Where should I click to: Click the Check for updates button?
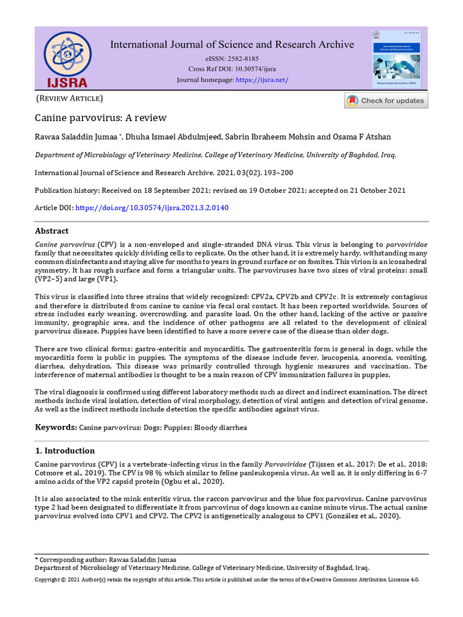386,101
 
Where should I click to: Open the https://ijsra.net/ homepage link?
262,80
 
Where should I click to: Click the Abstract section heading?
52,231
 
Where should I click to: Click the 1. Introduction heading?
65,451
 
